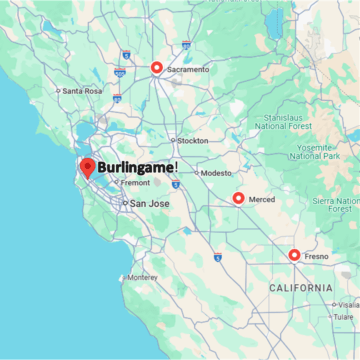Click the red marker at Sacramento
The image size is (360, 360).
click(156, 68)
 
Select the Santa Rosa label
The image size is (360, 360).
click(82, 91)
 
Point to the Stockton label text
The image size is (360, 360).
click(193, 141)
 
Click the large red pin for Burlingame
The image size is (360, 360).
click(87, 167)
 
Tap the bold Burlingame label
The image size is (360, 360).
click(137, 167)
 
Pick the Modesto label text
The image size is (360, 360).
click(216, 173)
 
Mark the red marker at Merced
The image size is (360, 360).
click(238, 198)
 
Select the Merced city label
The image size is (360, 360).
click(262, 199)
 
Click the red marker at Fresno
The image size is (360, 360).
click(294, 255)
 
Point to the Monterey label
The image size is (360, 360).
click(142, 277)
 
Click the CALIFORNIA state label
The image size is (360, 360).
click(300, 288)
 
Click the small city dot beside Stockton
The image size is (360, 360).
click(172, 141)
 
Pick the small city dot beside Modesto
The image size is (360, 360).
click(198, 173)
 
